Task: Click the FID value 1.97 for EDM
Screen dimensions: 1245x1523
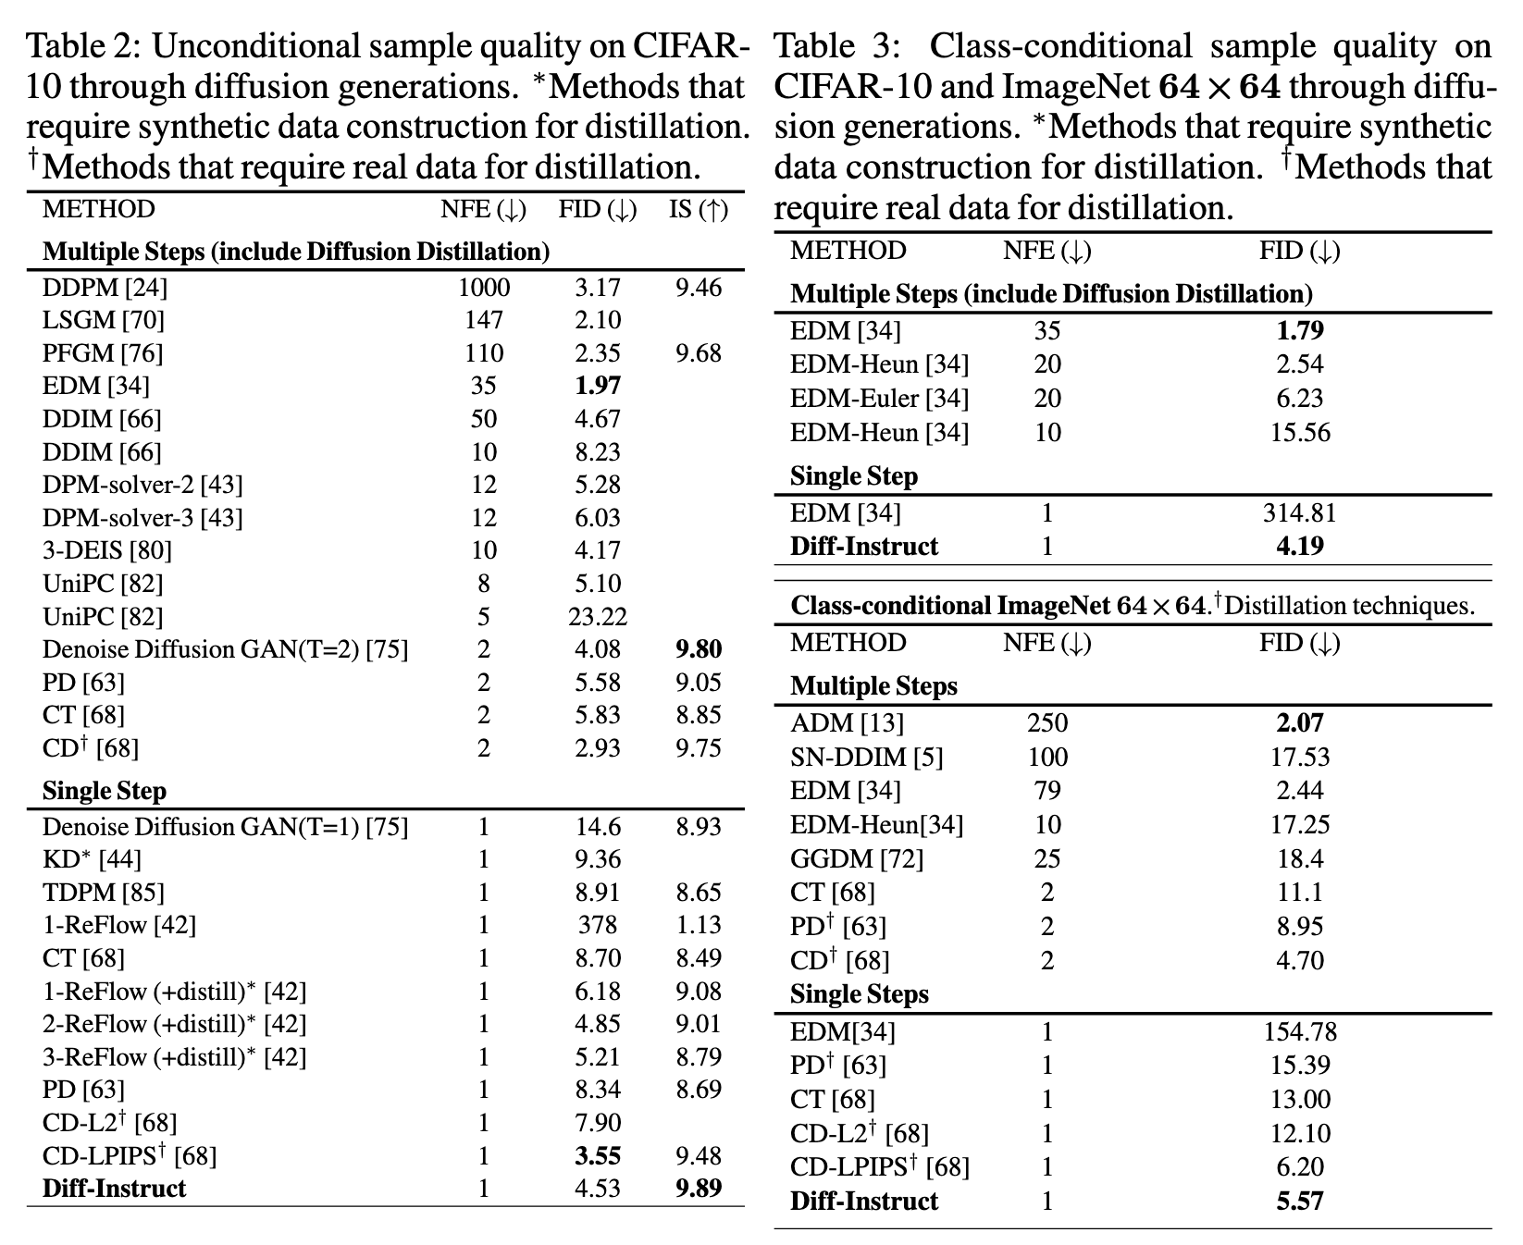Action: coord(597,386)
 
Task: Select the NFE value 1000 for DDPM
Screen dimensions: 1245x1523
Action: coord(484,288)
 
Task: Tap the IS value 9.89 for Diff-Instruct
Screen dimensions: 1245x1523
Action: coord(698,1189)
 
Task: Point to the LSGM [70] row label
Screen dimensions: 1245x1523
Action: coord(104,320)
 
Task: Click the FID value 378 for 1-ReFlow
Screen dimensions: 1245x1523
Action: coord(597,925)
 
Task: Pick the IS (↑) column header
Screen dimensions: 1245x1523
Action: coord(699,210)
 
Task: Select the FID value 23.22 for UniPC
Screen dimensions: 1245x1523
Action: coord(597,617)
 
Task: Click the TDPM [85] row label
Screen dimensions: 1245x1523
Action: coord(104,893)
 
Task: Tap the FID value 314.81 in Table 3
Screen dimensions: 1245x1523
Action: coord(1299,512)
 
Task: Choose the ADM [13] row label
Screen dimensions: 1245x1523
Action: coord(847,723)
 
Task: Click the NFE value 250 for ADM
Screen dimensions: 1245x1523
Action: coord(1047,723)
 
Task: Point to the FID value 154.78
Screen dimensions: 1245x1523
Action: coord(1299,1031)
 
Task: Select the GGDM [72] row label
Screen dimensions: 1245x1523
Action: coord(857,858)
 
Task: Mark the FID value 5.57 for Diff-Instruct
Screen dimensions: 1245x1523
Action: coord(1299,1202)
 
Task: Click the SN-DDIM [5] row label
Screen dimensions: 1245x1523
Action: coord(867,758)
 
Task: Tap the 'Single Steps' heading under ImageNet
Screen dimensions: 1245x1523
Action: coord(860,994)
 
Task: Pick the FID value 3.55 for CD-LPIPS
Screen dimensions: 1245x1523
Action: coord(597,1156)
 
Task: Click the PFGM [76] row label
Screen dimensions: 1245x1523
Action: coord(103,353)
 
